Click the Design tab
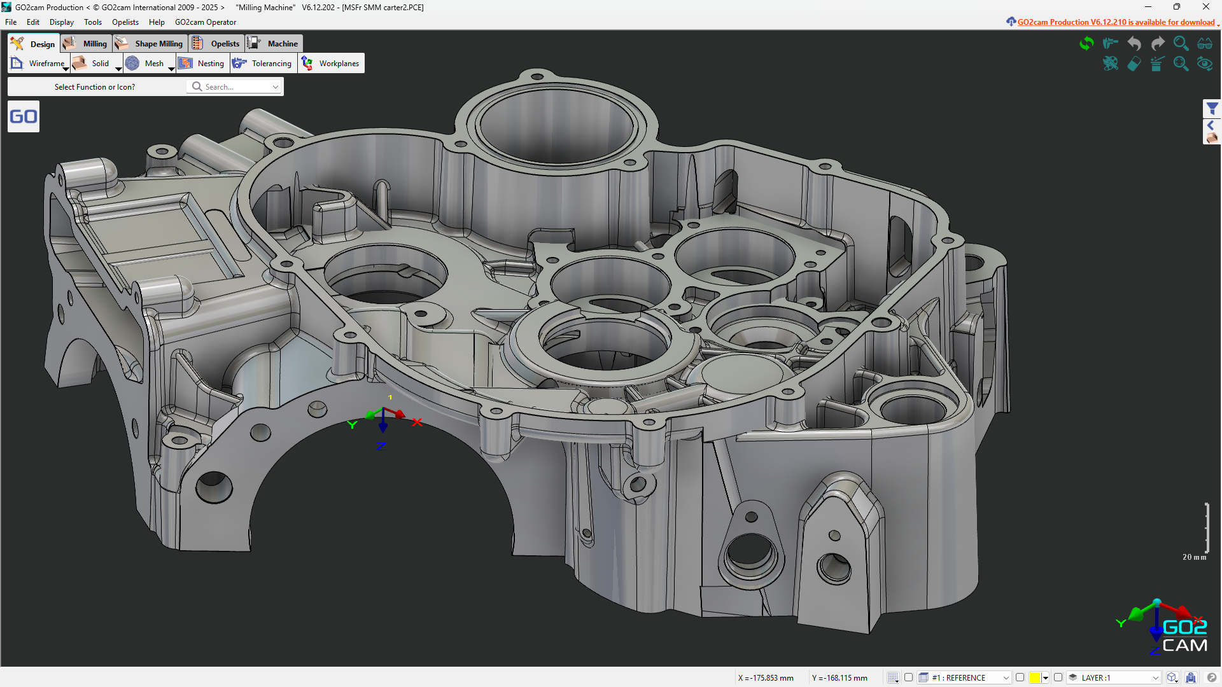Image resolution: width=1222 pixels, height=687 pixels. (x=34, y=44)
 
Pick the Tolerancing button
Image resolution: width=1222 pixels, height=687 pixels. (x=263, y=64)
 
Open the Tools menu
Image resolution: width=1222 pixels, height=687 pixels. (x=93, y=22)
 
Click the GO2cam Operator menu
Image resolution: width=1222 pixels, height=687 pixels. (x=206, y=22)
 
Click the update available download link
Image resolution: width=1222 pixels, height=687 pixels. (x=1115, y=22)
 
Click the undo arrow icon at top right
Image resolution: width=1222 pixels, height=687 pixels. (x=1134, y=43)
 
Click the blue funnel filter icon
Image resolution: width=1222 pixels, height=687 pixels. (x=1212, y=109)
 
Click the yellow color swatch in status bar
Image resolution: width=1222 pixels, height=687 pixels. (x=1035, y=677)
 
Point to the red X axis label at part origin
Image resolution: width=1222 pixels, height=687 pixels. (x=417, y=422)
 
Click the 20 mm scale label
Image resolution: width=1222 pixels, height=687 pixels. (x=1194, y=557)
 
